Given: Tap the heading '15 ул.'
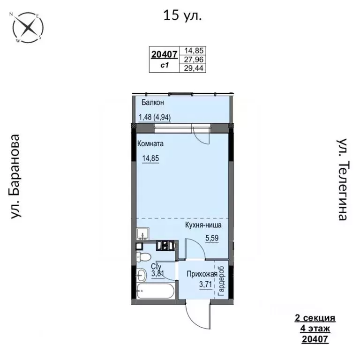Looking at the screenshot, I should point(183,16).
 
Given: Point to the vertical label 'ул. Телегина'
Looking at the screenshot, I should point(344,179).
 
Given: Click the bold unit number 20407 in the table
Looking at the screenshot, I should point(164,55).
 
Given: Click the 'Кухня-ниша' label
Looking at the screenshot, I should point(203,225).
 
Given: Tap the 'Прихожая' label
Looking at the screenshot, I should point(201,274).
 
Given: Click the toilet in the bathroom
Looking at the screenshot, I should point(142,257).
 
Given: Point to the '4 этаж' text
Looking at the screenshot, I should point(315,328).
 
